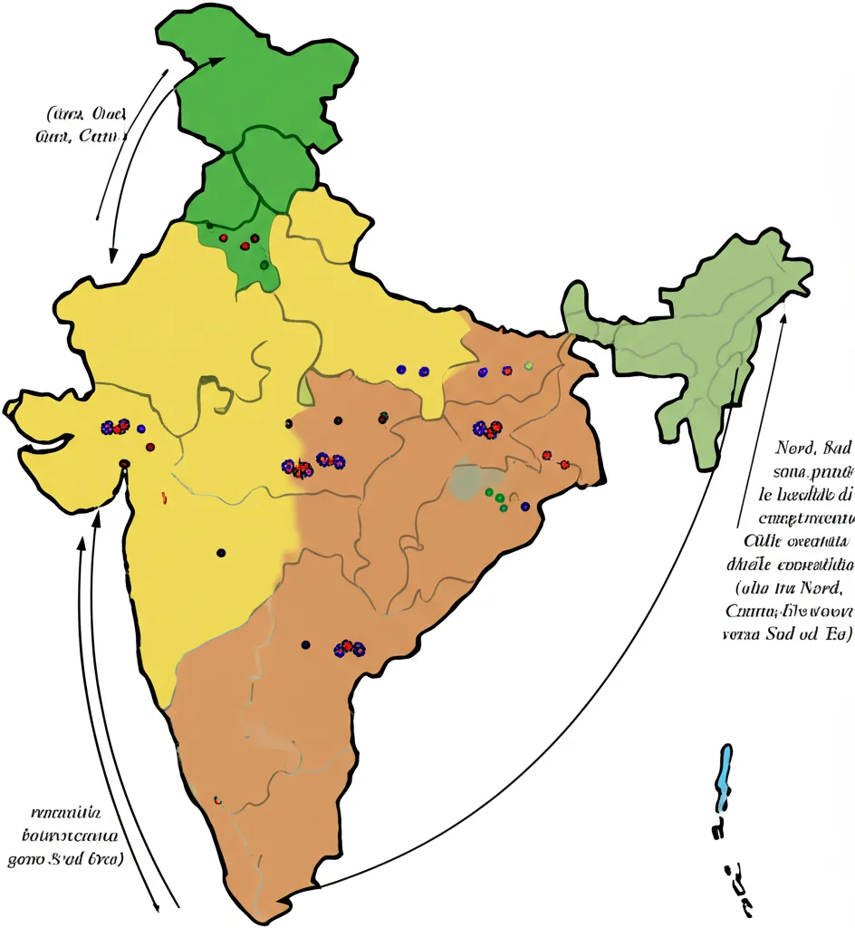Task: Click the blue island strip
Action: pyautogui.click(x=724, y=778)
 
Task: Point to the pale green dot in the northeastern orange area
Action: pyautogui.click(x=528, y=365)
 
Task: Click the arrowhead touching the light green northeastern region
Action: pyautogui.click(x=783, y=317)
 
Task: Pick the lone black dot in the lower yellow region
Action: pyautogui.click(x=221, y=553)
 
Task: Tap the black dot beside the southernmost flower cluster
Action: pyautogui.click(x=305, y=644)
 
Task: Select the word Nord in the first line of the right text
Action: pyautogui.click(x=796, y=448)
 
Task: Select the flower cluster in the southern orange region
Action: pyautogui.click(x=349, y=648)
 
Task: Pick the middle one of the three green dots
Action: pyautogui.click(x=498, y=498)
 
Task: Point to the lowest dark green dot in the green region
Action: pyautogui.click(x=264, y=265)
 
